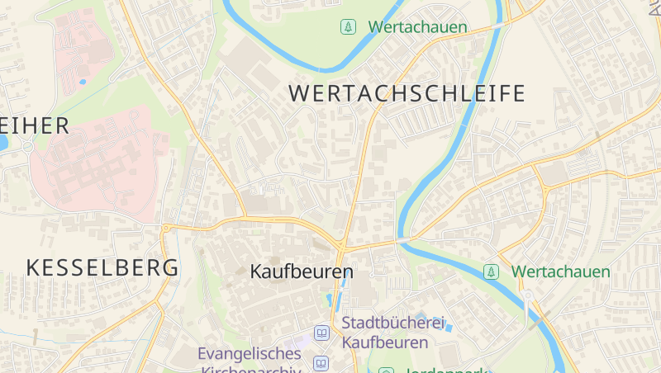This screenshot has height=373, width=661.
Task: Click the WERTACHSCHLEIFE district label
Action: point(407,93)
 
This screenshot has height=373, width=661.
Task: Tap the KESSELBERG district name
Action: point(102,267)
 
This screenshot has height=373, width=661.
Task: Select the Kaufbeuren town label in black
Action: point(302,271)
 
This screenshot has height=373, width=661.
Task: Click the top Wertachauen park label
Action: point(417,27)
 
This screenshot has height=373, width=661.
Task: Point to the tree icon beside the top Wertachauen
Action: point(349,27)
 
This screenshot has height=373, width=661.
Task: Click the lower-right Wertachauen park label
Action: point(560,271)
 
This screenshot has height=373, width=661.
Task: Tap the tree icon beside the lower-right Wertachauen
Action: point(492,271)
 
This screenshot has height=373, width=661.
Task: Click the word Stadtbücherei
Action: point(393,323)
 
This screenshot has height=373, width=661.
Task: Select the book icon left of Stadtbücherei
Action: point(321,333)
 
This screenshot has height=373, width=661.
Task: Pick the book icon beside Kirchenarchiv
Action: point(321,363)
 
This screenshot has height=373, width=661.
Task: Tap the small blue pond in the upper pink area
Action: point(83,82)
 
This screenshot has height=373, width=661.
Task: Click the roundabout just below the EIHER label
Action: point(27,147)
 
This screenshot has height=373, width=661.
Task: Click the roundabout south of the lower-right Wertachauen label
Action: point(527,295)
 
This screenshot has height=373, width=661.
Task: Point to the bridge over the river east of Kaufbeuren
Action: point(402,241)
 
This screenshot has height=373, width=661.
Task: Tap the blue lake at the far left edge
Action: point(2,142)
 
